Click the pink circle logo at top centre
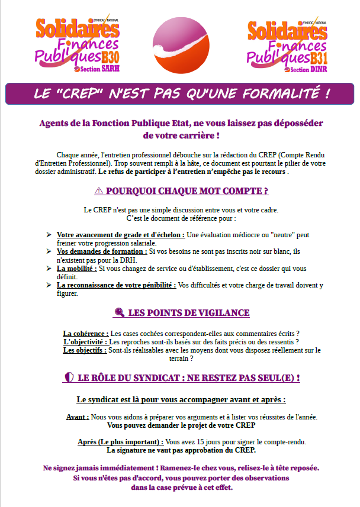point(179,45)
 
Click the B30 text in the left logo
point(110,57)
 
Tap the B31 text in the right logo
point(319,57)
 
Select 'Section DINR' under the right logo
point(308,69)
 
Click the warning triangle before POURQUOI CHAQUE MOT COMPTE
point(99,191)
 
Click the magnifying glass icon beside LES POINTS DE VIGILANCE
point(118,313)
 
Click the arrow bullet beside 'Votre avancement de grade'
point(49,235)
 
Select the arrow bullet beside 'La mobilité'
point(49,269)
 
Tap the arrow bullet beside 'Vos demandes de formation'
point(49,251)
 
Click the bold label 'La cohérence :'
point(86,334)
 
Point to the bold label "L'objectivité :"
point(85,342)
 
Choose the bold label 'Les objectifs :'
point(85,350)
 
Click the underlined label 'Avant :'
point(78,417)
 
